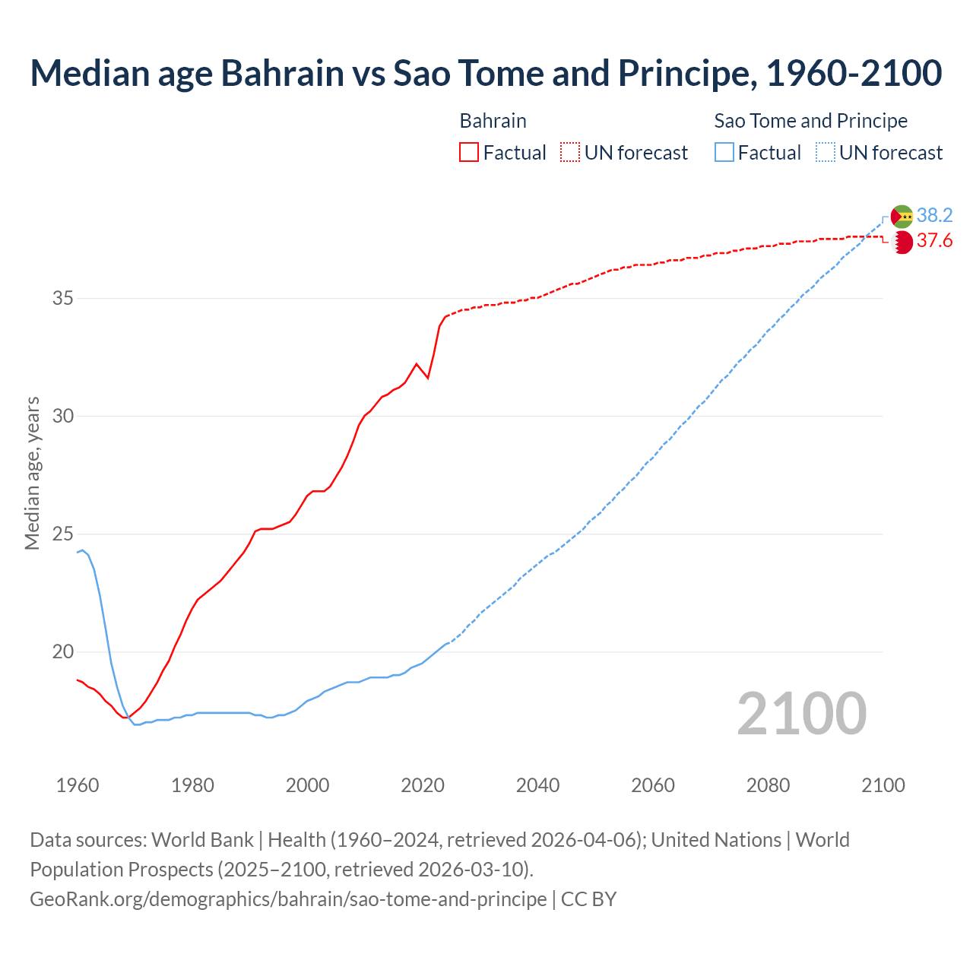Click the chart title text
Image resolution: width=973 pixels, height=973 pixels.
[486, 73]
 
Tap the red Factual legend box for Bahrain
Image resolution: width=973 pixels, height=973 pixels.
[469, 153]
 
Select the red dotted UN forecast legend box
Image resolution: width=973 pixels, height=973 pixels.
[570, 153]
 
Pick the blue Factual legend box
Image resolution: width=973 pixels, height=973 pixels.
[724, 153]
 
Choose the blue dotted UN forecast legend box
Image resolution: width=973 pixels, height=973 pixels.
[826, 153]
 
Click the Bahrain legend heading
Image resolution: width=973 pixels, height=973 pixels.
[493, 121]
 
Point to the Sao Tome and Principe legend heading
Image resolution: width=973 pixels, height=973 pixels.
[810, 121]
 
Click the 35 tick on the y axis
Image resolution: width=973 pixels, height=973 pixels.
[62, 298]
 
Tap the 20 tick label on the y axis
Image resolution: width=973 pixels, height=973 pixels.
[62, 652]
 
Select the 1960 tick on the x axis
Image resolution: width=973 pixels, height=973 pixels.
[78, 785]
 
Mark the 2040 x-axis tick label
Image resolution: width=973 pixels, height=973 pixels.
[537, 785]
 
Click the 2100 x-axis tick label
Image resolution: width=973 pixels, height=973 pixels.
[883, 785]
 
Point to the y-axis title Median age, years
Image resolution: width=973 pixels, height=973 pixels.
[32, 473]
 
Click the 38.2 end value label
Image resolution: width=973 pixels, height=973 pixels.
[934, 216]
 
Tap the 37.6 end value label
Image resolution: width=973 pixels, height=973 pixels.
[934, 241]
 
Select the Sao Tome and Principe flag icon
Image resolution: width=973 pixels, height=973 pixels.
[902, 217]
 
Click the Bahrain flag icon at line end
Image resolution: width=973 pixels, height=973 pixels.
[902, 242]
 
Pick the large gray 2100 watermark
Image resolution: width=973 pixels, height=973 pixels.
[802, 713]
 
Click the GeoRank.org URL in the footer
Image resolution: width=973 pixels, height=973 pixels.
[288, 899]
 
